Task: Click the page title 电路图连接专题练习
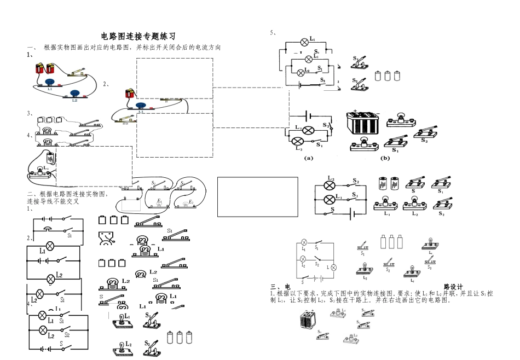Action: tap(138, 36)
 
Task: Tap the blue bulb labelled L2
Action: tap(74, 93)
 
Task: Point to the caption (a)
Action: tap(308, 158)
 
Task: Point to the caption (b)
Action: tap(385, 158)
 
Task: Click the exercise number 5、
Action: tap(273, 32)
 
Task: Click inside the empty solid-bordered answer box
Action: tap(257, 196)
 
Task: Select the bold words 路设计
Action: tap(453, 286)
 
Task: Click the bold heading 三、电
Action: tap(280, 287)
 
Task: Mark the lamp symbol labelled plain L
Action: tap(334, 268)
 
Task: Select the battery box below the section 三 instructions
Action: tap(308, 321)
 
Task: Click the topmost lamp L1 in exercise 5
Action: tap(305, 41)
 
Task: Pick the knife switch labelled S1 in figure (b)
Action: tap(397, 142)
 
